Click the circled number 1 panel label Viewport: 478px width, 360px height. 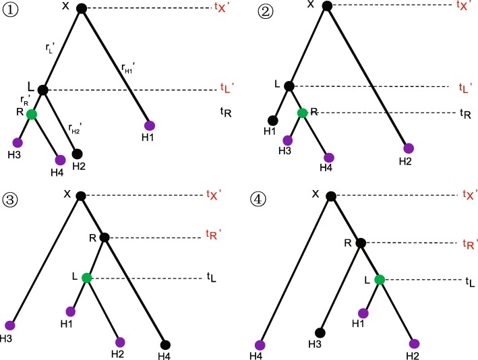tap(11, 11)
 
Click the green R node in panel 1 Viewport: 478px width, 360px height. tap(31, 115)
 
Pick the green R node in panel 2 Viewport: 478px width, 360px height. tap(303, 113)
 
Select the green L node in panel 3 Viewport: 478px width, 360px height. tap(86, 278)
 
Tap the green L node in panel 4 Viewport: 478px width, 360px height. tap(380, 278)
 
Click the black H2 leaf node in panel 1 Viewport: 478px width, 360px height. tap(77, 154)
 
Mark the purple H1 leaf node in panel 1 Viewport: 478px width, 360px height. tap(150, 125)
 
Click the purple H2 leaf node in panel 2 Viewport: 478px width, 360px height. tap(408, 148)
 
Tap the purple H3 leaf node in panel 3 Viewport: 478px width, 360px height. tap(9, 326)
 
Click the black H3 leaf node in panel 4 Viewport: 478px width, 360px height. tap(321, 332)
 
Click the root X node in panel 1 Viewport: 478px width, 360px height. tap(82, 9)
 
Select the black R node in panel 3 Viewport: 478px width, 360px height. tap(104, 237)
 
